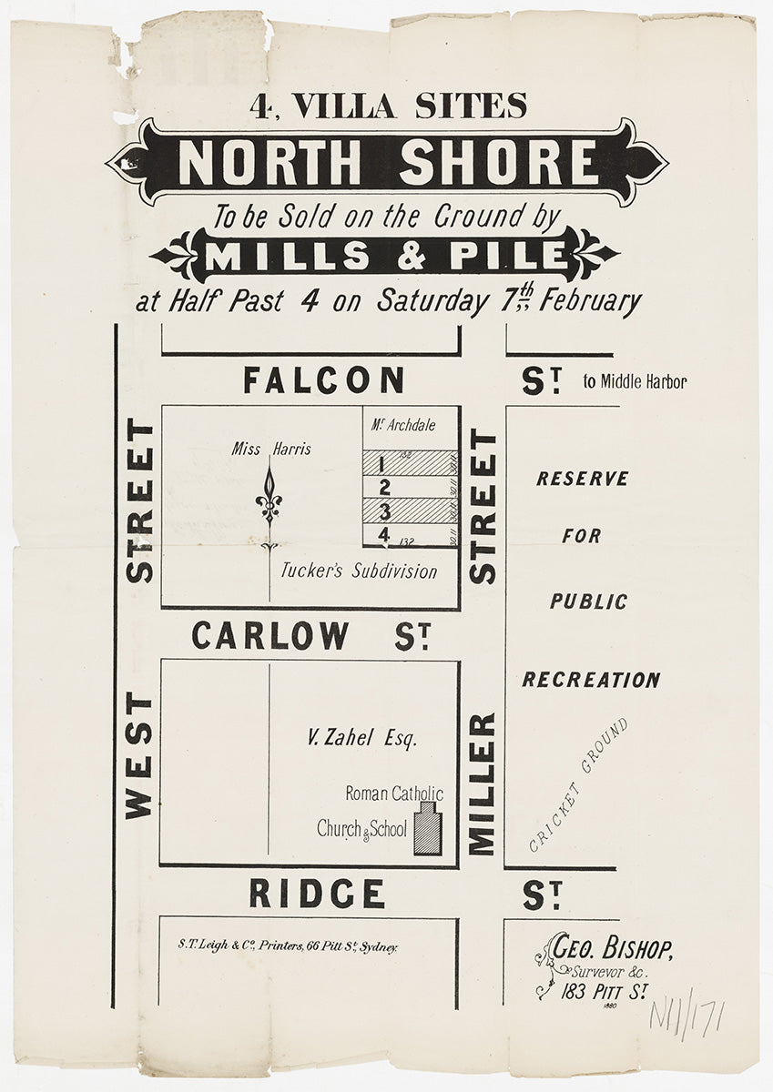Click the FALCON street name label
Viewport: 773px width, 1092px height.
[323, 379]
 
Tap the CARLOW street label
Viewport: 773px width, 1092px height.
[270, 635]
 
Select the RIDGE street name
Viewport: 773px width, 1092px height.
[316, 894]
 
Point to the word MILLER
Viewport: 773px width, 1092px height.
[482, 784]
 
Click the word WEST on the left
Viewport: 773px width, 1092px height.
[138, 755]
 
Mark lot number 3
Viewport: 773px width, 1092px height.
[384, 511]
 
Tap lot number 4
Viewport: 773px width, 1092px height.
[384, 534]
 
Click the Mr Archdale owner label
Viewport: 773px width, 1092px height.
[403, 425]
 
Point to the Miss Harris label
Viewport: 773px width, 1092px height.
[271, 449]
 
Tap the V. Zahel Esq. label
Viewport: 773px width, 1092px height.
[362, 738]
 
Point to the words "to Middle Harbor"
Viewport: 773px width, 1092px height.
[635, 382]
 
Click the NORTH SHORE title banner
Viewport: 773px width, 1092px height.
[387, 162]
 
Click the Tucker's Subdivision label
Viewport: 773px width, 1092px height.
[359, 571]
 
